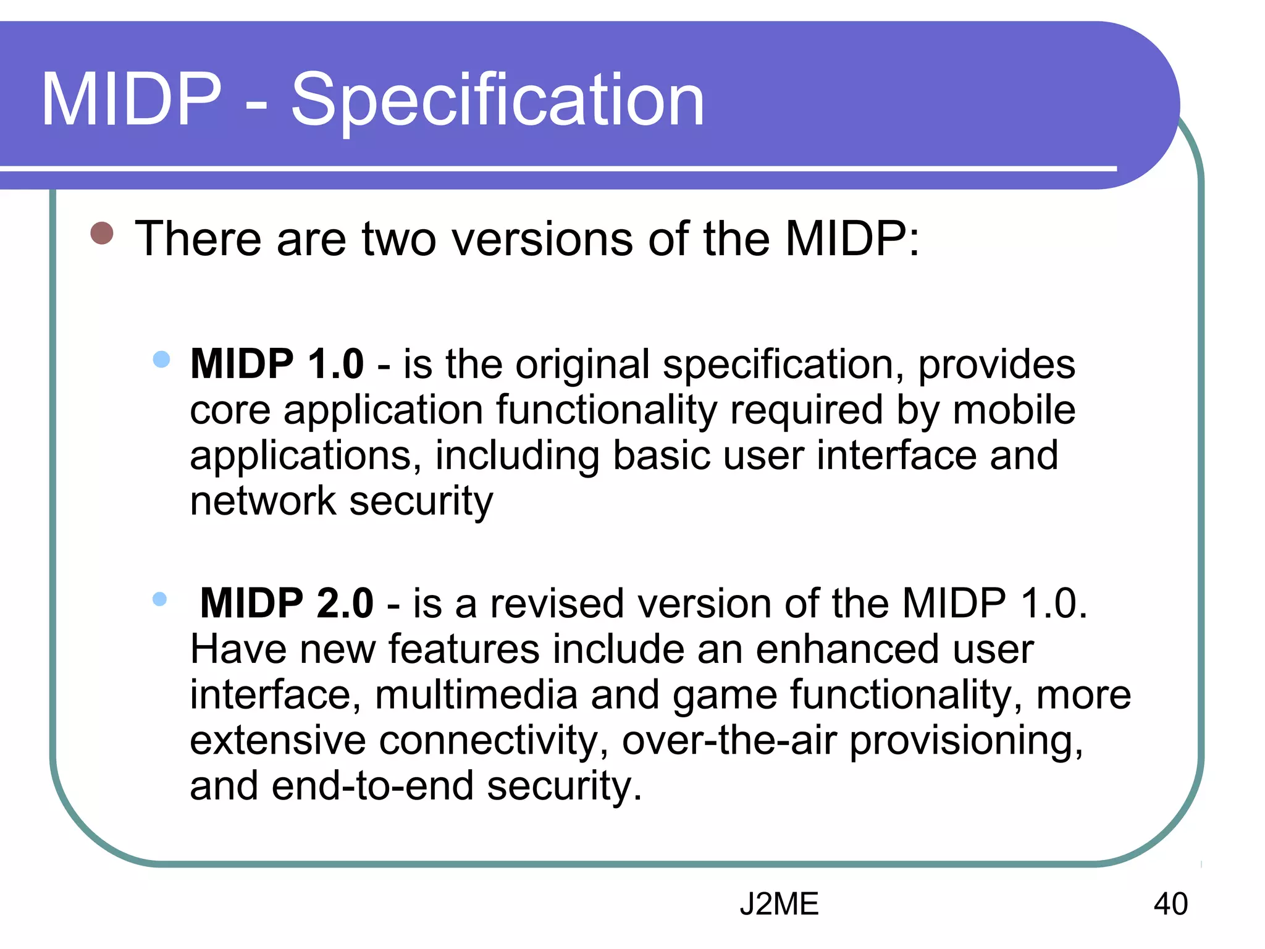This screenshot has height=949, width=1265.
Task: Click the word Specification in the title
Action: pyautogui.click(x=497, y=100)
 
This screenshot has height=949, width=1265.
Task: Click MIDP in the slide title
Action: pyautogui.click(x=131, y=100)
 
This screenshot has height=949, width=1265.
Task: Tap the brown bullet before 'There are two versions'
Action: pyautogui.click(x=102, y=234)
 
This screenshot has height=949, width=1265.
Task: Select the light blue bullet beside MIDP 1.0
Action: pyautogui.click(x=161, y=359)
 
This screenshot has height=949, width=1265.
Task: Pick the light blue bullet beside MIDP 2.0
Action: pyautogui.click(x=159, y=598)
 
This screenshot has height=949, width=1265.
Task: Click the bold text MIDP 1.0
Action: pyautogui.click(x=277, y=364)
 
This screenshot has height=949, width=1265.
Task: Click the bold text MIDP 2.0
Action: pyautogui.click(x=287, y=603)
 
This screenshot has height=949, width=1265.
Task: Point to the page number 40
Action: pyautogui.click(x=1170, y=904)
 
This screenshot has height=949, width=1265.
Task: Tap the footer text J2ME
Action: pyautogui.click(x=779, y=904)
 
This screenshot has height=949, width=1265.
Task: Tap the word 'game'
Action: pyautogui.click(x=724, y=696)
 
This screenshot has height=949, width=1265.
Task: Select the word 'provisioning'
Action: pyautogui.click(x=965, y=741)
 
